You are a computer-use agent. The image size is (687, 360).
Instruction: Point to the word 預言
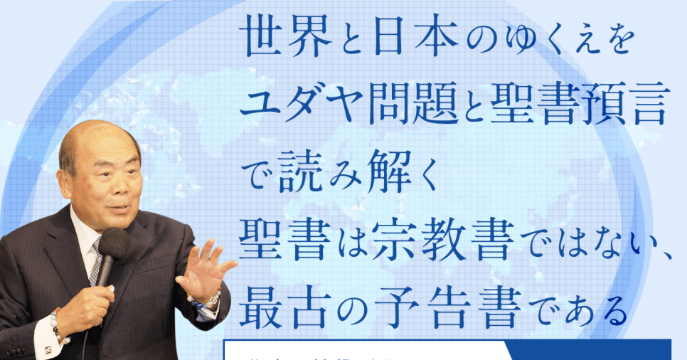pos(626,109)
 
